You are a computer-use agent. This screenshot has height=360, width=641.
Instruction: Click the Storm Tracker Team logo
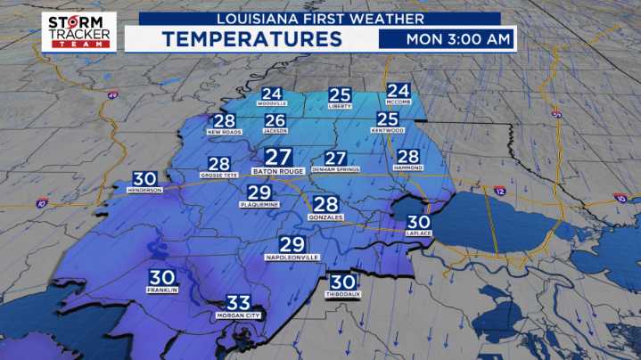coord(78,31)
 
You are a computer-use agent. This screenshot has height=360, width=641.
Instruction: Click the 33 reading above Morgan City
coord(238,303)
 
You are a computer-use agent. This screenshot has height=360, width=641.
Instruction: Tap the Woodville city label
coord(271,104)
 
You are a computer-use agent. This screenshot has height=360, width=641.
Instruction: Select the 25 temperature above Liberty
coord(340,94)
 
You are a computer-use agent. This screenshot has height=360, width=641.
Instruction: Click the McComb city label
coord(398,103)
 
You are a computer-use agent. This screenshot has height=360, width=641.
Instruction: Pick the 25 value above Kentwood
coord(387,119)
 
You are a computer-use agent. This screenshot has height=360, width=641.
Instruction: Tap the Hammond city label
coord(407,168)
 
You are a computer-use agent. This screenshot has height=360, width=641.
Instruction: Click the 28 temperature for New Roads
coord(225,121)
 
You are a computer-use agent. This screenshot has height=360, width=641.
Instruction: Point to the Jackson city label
coord(275,131)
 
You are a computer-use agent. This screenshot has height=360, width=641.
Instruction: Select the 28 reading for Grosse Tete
coord(218,163)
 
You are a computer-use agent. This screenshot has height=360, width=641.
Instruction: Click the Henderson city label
coord(144,190)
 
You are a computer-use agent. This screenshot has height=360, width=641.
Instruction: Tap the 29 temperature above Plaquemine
coord(259,192)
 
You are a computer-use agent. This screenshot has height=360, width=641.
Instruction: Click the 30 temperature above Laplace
coord(418,223)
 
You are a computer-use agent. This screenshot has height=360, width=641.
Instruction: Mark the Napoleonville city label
coord(292,256)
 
